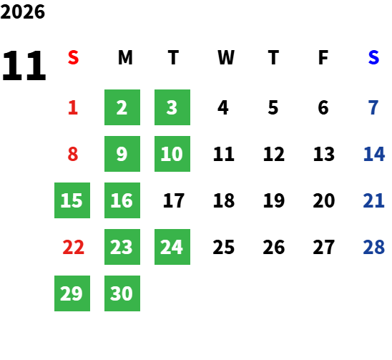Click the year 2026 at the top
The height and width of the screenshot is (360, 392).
click(x=23, y=11)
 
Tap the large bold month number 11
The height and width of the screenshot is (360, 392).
click(x=24, y=65)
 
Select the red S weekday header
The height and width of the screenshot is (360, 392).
click(x=73, y=57)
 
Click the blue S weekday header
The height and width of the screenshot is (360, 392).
click(x=373, y=57)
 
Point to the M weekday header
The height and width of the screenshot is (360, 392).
click(x=125, y=57)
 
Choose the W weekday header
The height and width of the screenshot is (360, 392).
click(x=226, y=57)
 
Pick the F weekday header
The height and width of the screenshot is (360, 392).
click(x=323, y=57)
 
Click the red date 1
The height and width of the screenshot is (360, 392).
click(x=73, y=107)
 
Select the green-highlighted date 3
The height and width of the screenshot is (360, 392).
click(x=172, y=107)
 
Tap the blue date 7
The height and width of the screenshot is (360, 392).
click(x=373, y=107)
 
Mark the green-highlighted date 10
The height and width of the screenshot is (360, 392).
click(x=172, y=154)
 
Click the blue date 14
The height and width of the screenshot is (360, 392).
click(x=373, y=154)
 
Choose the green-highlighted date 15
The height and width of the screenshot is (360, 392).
click(x=72, y=200)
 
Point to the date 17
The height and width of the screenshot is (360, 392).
click(x=174, y=200)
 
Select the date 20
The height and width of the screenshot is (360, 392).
click(x=324, y=200)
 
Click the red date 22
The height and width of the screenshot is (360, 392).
click(x=73, y=247)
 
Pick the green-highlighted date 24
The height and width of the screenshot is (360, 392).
click(x=172, y=247)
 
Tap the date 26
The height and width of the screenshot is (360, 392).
click(x=274, y=247)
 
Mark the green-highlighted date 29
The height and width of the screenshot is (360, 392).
click(x=72, y=293)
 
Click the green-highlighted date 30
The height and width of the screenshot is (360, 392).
click(x=122, y=293)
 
